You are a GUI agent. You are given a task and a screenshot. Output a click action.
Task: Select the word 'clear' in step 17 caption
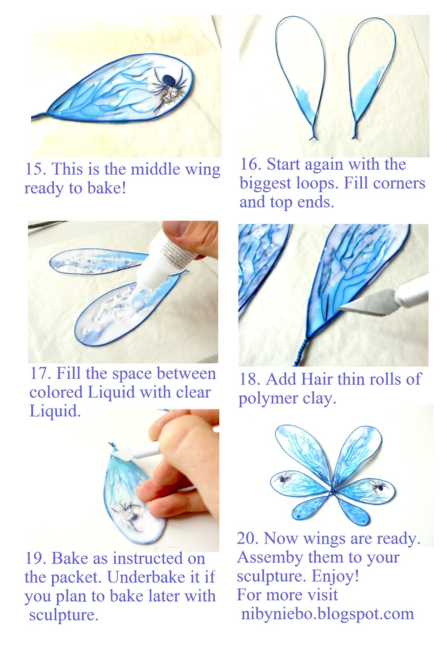click(191, 392)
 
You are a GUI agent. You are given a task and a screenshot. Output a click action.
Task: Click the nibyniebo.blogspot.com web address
click(327, 613)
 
